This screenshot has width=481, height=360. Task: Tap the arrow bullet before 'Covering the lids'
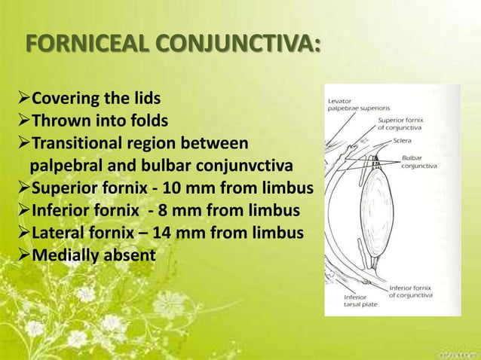pos(22,99)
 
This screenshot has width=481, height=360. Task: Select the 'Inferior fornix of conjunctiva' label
pos(411,291)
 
